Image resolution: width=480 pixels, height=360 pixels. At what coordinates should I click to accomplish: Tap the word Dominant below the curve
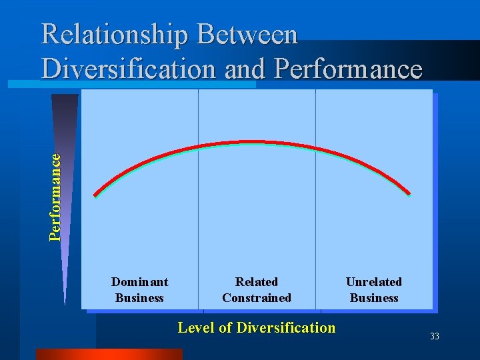click(139, 282)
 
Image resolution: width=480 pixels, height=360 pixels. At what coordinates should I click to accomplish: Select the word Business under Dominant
click(139, 298)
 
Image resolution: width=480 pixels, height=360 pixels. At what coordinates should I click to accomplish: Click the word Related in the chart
click(257, 282)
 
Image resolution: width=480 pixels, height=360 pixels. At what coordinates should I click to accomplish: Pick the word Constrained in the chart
click(257, 298)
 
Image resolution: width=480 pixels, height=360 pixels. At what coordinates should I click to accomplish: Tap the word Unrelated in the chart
click(374, 282)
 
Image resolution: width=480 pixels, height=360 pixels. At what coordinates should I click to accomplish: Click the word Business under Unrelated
click(374, 298)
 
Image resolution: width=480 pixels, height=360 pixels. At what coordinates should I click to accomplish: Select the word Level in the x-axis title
click(194, 327)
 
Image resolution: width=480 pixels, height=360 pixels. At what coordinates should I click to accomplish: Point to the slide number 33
click(435, 337)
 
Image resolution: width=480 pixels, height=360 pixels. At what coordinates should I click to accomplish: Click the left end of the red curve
click(95, 195)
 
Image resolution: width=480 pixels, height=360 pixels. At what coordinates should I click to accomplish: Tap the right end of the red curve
click(409, 194)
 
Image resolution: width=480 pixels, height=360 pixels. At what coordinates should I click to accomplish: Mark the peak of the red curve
click(252, 142)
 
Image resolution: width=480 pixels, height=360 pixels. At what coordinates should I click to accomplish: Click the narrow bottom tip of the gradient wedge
click(65, 301)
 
